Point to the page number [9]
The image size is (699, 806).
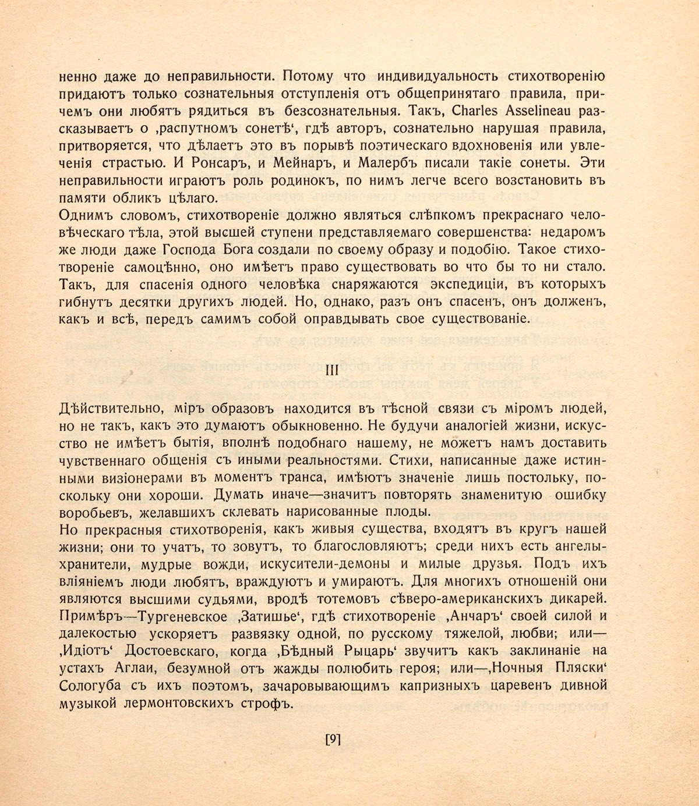332,740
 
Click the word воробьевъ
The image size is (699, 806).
92,513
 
